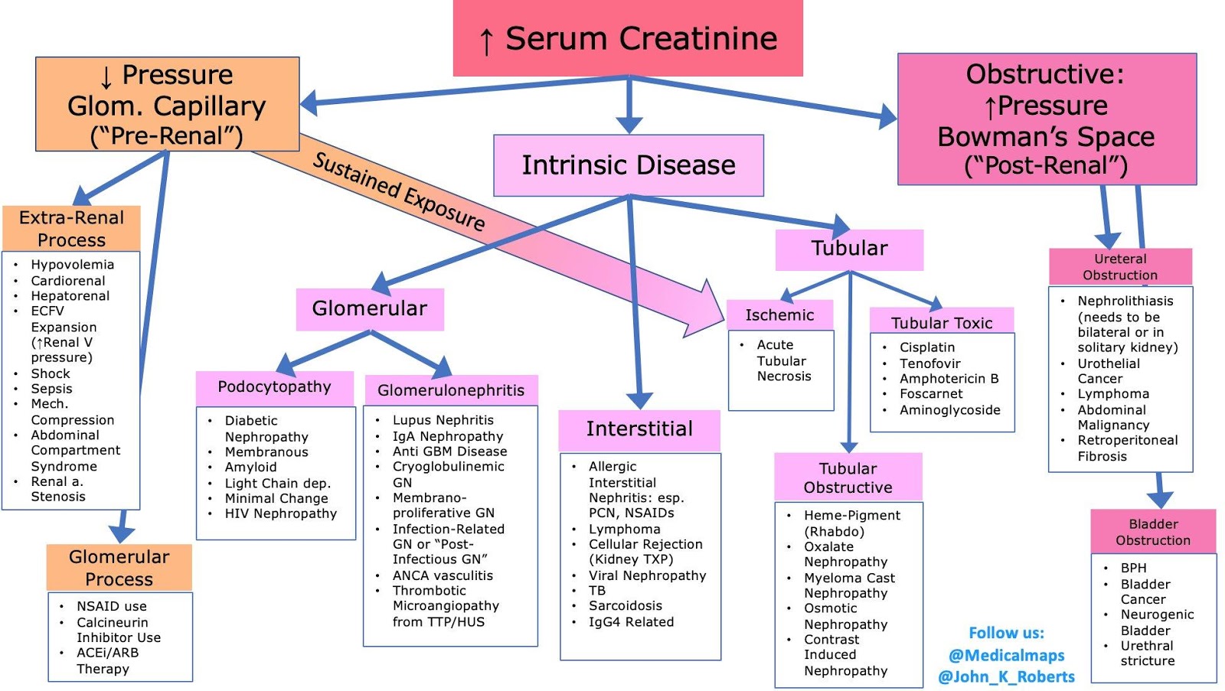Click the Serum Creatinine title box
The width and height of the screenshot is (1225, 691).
coord(628,38)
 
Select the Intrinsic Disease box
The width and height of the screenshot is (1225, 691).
coord(628,165)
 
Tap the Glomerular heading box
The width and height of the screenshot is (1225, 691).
coord(370,308)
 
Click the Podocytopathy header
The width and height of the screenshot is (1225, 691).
coord(274,387)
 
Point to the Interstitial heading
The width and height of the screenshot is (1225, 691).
coord(639,429)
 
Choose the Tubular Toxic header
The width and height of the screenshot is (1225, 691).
coord(942,323)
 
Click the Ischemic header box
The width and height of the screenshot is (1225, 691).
coord(779,315)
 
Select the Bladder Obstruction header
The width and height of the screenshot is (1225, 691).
coord(1153,532)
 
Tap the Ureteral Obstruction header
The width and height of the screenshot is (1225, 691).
coord(1120,266)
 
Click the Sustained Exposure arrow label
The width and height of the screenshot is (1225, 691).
coord(399,191)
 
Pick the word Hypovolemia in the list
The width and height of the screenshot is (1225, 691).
coord(72,265)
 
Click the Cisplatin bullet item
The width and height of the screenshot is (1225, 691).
coord(927,347)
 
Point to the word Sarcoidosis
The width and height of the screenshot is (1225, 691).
coord(625,606)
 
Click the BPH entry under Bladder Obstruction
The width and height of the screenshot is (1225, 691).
coord(1133,568)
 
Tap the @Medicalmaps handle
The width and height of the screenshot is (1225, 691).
coord(1006,655)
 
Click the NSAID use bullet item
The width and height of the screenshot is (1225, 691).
coord(111,606)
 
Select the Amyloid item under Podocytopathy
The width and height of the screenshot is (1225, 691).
coord(250,467)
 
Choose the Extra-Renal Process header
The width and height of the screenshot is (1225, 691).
coord(71,228)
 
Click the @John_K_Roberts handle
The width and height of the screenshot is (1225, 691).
coord(1006,676)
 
